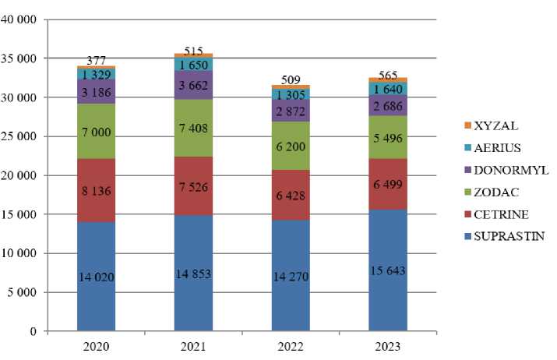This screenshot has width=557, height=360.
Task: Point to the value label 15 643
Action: (x=388, y=270)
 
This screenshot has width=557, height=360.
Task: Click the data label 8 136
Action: (x=96, y=187)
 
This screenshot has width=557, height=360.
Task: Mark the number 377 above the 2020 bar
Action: (x=96, y=59)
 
